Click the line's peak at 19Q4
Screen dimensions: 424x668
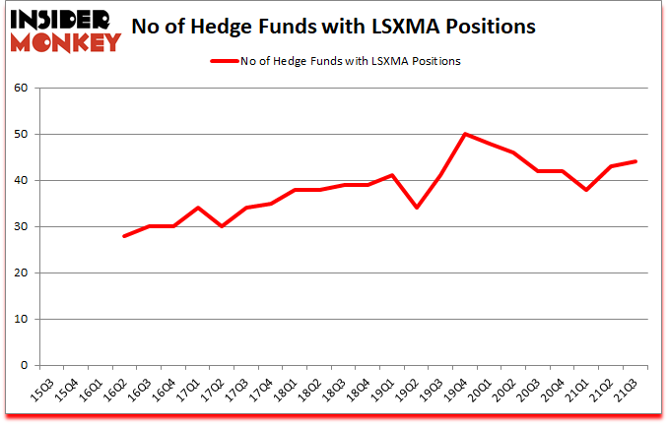465,134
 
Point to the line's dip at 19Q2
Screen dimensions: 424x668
418,208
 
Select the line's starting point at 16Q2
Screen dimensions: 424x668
125,236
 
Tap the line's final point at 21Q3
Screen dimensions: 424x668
635,161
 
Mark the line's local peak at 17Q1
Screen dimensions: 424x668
198,208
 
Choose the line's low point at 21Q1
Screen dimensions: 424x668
587,190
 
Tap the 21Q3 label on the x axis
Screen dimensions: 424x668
629,391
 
